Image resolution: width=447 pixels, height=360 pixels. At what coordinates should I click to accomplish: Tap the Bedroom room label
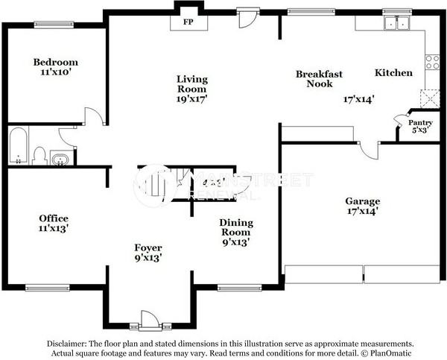point(56,63)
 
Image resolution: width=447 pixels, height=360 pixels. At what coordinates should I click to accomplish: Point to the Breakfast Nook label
point(319,78)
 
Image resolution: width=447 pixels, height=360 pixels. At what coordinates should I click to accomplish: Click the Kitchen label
point(393,73)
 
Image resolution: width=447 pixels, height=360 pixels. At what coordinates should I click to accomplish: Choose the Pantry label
point(420,122)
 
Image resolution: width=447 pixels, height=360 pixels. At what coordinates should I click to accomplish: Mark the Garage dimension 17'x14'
point(363,212)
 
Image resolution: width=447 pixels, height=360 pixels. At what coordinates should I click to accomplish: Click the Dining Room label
point(235,227)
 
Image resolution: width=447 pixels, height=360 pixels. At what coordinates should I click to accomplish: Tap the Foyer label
point(148,247)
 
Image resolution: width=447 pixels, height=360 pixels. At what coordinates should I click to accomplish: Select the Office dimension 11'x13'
point(54,228)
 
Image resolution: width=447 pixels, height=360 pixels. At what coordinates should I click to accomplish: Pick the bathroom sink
point(61,158)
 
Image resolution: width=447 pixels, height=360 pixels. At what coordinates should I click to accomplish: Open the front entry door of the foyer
point(150,322)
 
